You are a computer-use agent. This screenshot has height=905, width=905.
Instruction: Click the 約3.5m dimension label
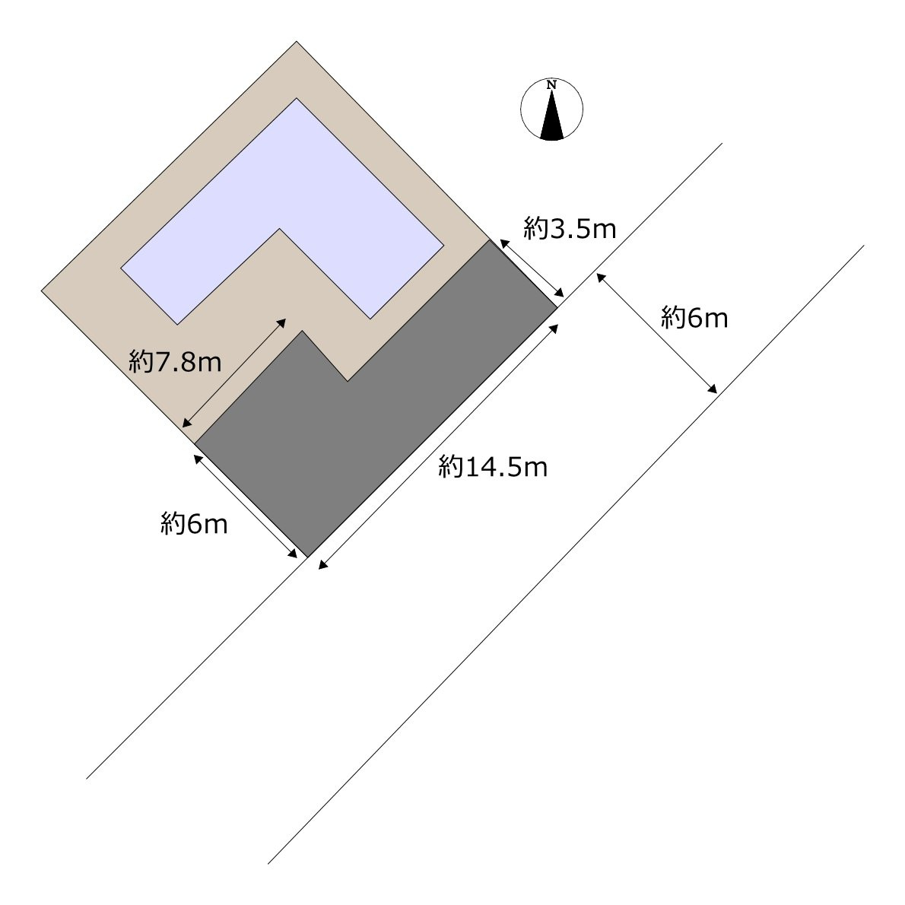[x=570, y=229]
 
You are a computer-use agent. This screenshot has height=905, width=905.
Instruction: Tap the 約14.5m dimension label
[x=493, y=466]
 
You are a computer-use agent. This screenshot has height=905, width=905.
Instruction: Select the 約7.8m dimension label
[x=175, y=362]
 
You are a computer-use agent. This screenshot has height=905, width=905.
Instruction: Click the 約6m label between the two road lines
[x=694, y=317]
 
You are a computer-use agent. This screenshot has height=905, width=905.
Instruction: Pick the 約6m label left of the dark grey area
[x=194, y=524]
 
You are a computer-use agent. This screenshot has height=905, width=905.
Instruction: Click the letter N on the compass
[x=552, y=85]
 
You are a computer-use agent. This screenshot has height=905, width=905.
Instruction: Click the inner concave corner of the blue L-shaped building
[x=280, y=229]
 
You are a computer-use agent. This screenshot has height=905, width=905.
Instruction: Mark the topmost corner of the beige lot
[x=297, y=42]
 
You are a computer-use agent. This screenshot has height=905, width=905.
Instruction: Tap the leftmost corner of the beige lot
[x=42, y=291]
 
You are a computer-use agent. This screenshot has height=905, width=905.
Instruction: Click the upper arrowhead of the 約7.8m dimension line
[x=281, y=322]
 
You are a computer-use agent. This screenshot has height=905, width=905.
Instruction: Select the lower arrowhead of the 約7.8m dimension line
[x=186, y=424]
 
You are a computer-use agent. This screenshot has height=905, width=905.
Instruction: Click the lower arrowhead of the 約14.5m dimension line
[x=322, y=566]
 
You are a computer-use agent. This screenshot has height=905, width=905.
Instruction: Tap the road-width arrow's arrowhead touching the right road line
[x=713, y=389]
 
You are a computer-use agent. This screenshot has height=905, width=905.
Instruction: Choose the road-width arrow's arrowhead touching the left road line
[x=601, y=278]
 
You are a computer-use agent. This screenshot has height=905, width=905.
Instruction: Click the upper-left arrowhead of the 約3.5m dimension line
[x=503, y=243]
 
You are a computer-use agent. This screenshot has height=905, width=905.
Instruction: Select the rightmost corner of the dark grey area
[x=557, y=308]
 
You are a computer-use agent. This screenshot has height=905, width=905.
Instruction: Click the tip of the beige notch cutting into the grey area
[x=348, y=381]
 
